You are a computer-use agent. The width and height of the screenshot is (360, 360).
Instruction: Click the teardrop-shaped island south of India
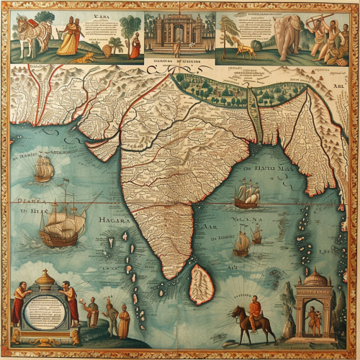click(x=201, y=284)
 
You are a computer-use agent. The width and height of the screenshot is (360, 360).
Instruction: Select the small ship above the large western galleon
click(x=44, y=169)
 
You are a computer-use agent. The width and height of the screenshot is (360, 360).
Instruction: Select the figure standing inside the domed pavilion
click(x=314, y=320)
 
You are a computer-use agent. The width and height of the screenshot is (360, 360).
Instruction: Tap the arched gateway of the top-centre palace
click(x=176, y=32)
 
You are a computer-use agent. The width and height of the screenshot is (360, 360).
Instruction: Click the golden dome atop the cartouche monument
click(x=46, y=276)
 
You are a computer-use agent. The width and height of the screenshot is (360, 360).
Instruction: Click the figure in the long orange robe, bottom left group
click(x=123, y=322)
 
